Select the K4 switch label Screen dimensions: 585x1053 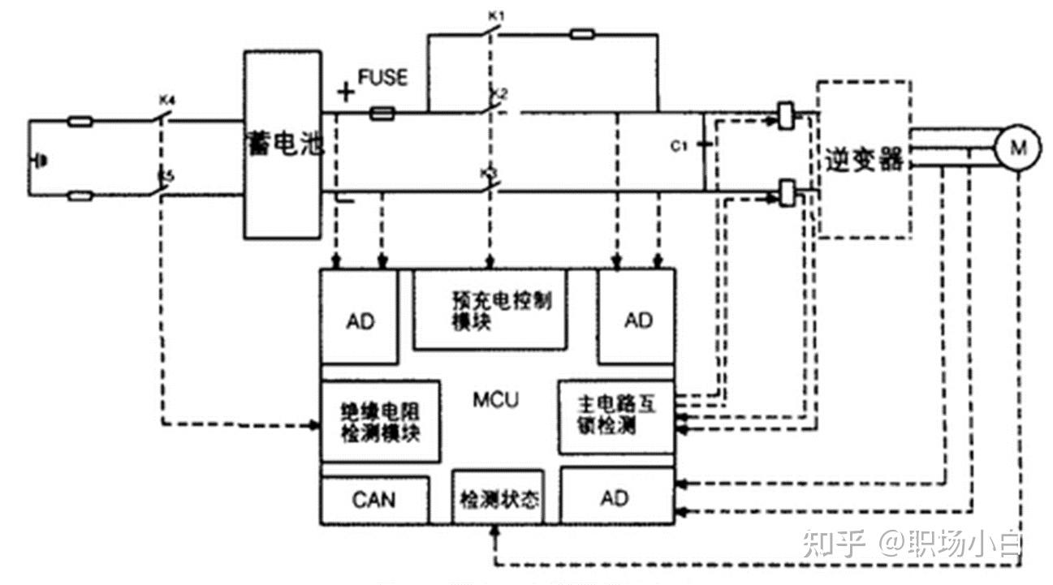169,101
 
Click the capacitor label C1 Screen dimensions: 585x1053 679,146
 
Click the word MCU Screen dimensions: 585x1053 494,399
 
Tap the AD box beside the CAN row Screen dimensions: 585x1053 615,497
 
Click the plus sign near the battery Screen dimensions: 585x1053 346,92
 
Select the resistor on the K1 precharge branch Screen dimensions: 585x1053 581,34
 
